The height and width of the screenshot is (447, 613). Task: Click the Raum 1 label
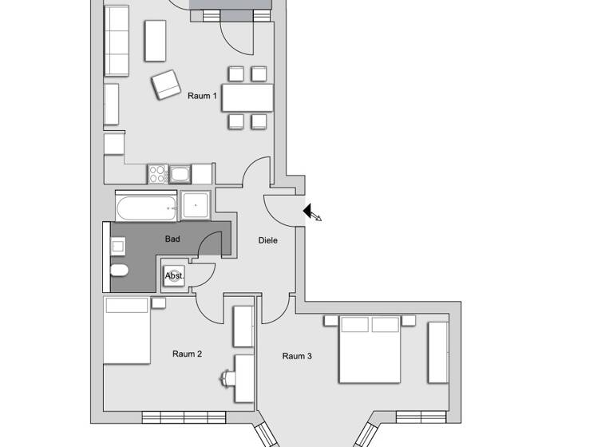(202, 96)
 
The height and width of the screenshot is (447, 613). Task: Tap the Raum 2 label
(187, 354)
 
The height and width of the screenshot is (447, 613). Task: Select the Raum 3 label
(297, 356)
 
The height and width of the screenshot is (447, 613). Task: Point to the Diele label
(268, 239)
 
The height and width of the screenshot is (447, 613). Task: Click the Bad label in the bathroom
(172, 239)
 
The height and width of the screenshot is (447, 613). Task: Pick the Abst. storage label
(173, 275)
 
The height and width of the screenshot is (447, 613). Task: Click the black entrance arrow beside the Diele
(308, 212)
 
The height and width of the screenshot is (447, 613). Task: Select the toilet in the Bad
(119, 270)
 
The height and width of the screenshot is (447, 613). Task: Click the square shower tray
(195, 206)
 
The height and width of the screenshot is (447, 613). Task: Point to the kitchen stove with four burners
(156, 173)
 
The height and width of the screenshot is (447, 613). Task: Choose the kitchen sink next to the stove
(180, 173)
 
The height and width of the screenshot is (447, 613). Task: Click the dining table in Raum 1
(247, 97)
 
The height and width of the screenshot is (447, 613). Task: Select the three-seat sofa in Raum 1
(117, 40)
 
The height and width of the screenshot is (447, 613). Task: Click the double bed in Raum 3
(370, 348)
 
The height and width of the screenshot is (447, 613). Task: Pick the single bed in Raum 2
(127, 330)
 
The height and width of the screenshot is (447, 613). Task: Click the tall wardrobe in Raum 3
(437, 351)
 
